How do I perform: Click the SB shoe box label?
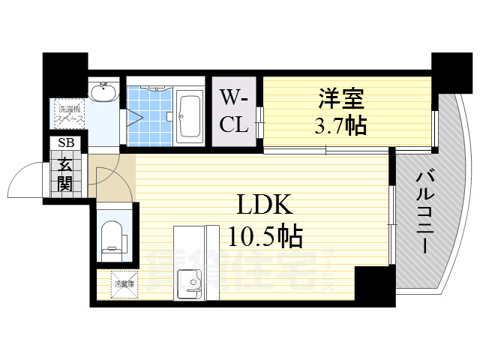pos(61,143)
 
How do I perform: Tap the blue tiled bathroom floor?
pos(149,116)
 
